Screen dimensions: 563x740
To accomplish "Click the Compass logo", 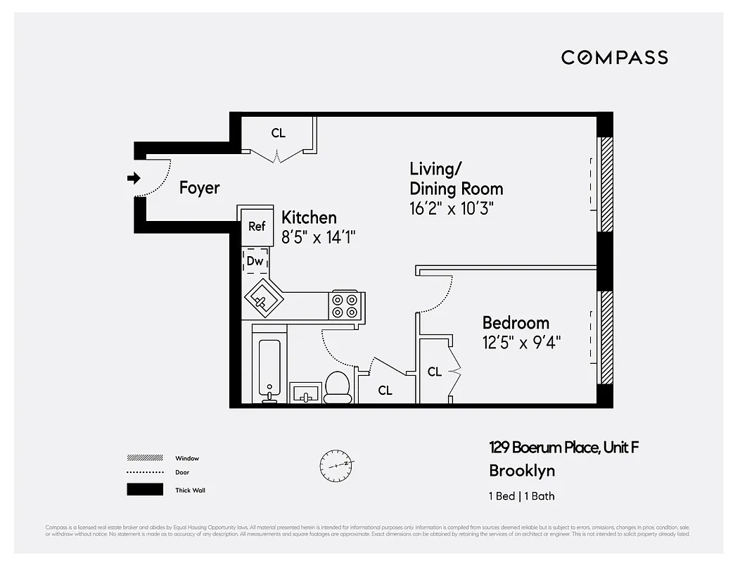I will [614, 58].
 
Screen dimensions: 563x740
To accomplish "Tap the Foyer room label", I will [199, 188].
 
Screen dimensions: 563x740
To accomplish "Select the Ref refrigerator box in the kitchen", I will [257, 226].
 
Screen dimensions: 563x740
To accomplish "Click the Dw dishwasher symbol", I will [255, 260].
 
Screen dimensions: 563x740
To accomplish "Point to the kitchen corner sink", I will [263, 300].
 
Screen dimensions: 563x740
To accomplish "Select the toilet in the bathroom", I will [338, 386].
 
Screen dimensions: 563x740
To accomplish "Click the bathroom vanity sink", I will [305, 393].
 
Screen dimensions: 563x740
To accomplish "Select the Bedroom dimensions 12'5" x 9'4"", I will [521, 343].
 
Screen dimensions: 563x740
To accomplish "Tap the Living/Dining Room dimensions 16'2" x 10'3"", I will [452, 209].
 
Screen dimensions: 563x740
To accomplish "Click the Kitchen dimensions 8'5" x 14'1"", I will [319, 238].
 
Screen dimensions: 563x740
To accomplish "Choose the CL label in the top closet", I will [279, 133].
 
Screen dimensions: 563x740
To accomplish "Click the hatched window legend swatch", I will [145, 457].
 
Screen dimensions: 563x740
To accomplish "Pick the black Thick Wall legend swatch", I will [145, 490].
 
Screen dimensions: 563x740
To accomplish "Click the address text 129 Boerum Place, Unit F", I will [564, 448].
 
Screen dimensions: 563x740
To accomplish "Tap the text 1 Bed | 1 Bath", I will [521, 496].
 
